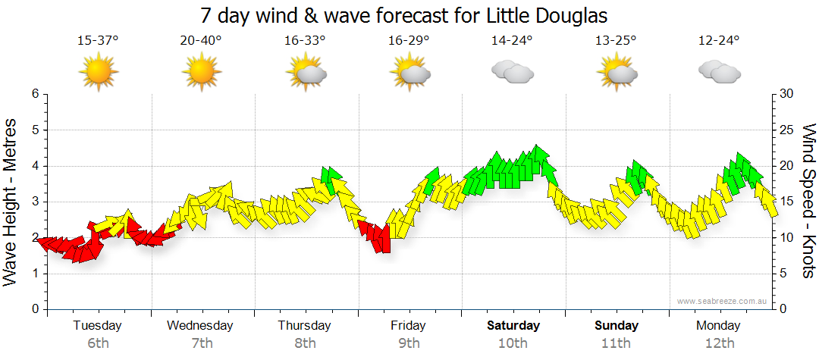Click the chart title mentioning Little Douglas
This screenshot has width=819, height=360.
(404, 15)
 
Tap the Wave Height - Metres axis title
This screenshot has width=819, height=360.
(11, 202)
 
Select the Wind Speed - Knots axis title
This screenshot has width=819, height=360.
(808, 202)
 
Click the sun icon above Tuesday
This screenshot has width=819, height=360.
(99, 73)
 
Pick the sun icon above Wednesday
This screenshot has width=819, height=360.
(202, 73)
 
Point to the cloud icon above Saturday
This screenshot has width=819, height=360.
(512, 73)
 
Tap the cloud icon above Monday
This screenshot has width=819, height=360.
(719, 73)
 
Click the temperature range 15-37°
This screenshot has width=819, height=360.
(98, 41)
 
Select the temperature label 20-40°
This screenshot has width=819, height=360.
(202, 41)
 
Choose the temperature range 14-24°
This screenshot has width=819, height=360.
(512, 41)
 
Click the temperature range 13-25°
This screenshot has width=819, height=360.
(616, 41)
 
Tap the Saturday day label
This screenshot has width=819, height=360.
(513, 326)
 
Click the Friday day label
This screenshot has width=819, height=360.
(409, 326)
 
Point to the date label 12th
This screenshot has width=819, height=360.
(720, 343)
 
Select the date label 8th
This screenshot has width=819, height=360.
(305, 343)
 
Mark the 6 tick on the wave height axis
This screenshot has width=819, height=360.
(34, 94)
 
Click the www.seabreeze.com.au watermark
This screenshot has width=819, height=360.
(723, 301)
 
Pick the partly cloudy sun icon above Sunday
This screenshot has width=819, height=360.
(616, 73)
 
